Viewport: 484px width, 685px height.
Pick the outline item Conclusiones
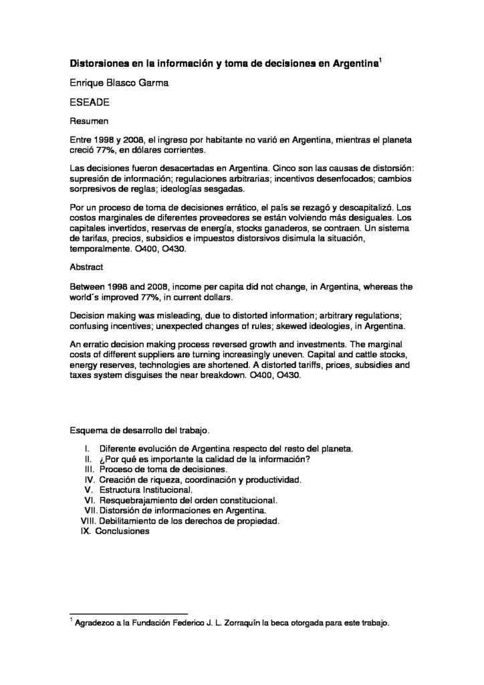pos(122,531)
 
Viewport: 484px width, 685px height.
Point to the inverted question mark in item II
pos(100,459)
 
